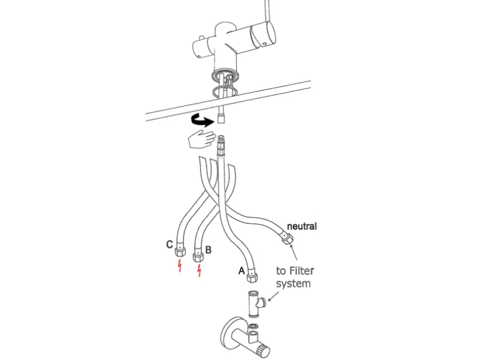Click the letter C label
coord(169,245)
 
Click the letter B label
coord(208,250)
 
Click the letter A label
coord(241,271)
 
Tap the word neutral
coord(302,226)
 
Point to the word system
coord(293,284)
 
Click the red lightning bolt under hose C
coord(180,266)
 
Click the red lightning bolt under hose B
coord(199,271)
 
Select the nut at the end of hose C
coord(180,250)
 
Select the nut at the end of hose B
coord(198,256)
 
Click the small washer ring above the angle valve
coord(254,325)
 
